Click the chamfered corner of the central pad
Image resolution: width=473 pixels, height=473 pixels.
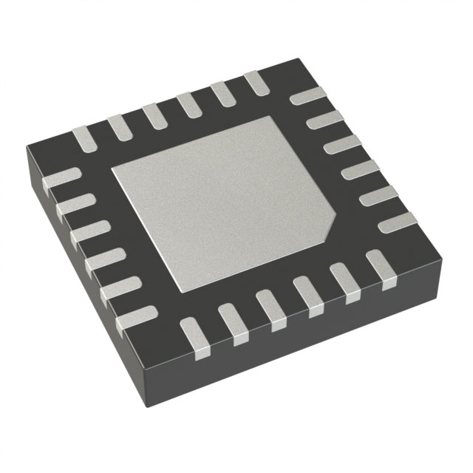coord(330,222)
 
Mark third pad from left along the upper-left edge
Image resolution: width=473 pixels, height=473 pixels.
coord(153,116)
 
